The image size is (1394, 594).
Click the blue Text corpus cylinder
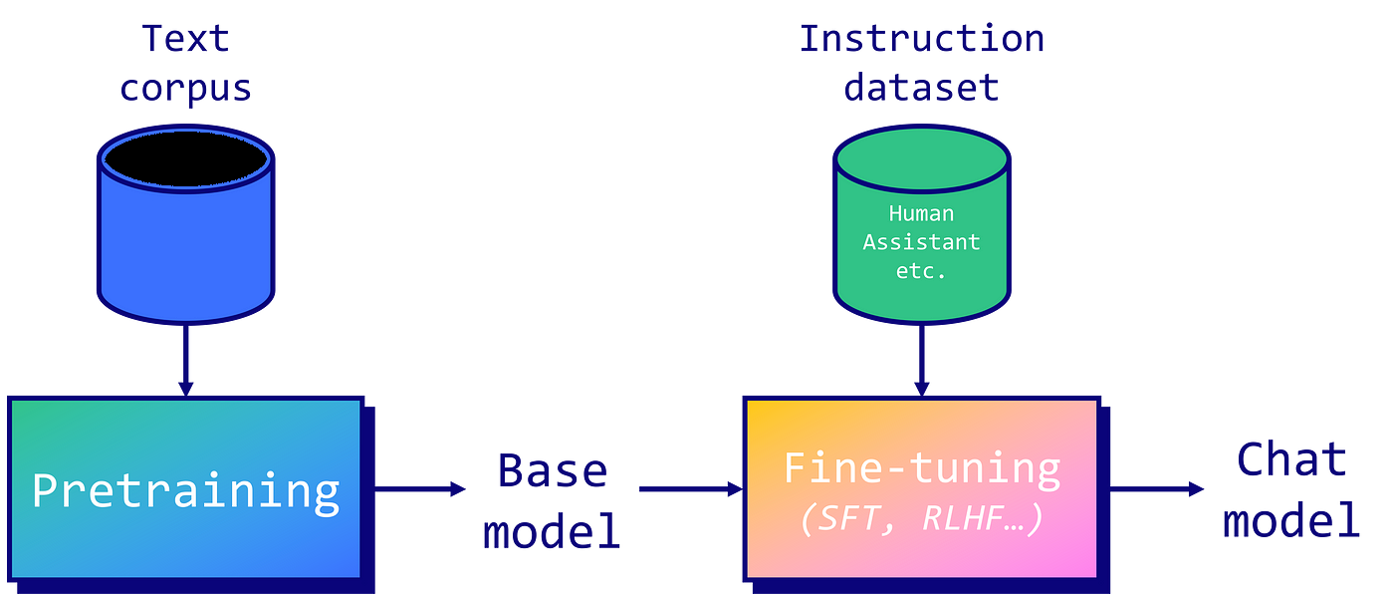tap(186, 234)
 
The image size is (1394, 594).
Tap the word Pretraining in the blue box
tap(186, 490)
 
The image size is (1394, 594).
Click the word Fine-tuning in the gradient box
tap(922, 467)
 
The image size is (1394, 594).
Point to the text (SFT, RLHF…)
tap(922, 518)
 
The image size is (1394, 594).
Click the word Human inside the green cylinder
tap(921, 213)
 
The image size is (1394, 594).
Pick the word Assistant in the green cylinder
tap(921, 242)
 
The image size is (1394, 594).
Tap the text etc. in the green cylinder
tap(921, 271)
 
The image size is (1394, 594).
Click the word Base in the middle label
tap(551, 469)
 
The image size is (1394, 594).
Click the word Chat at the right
tap(1291, 460)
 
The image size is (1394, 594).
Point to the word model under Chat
tap(1291, 520)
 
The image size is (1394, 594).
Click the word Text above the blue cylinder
tap(186, 38)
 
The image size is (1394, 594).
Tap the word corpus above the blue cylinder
tap(186, 88)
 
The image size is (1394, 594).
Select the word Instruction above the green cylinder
tap(921, 38)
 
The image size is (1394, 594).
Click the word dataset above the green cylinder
tap(921, 88)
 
